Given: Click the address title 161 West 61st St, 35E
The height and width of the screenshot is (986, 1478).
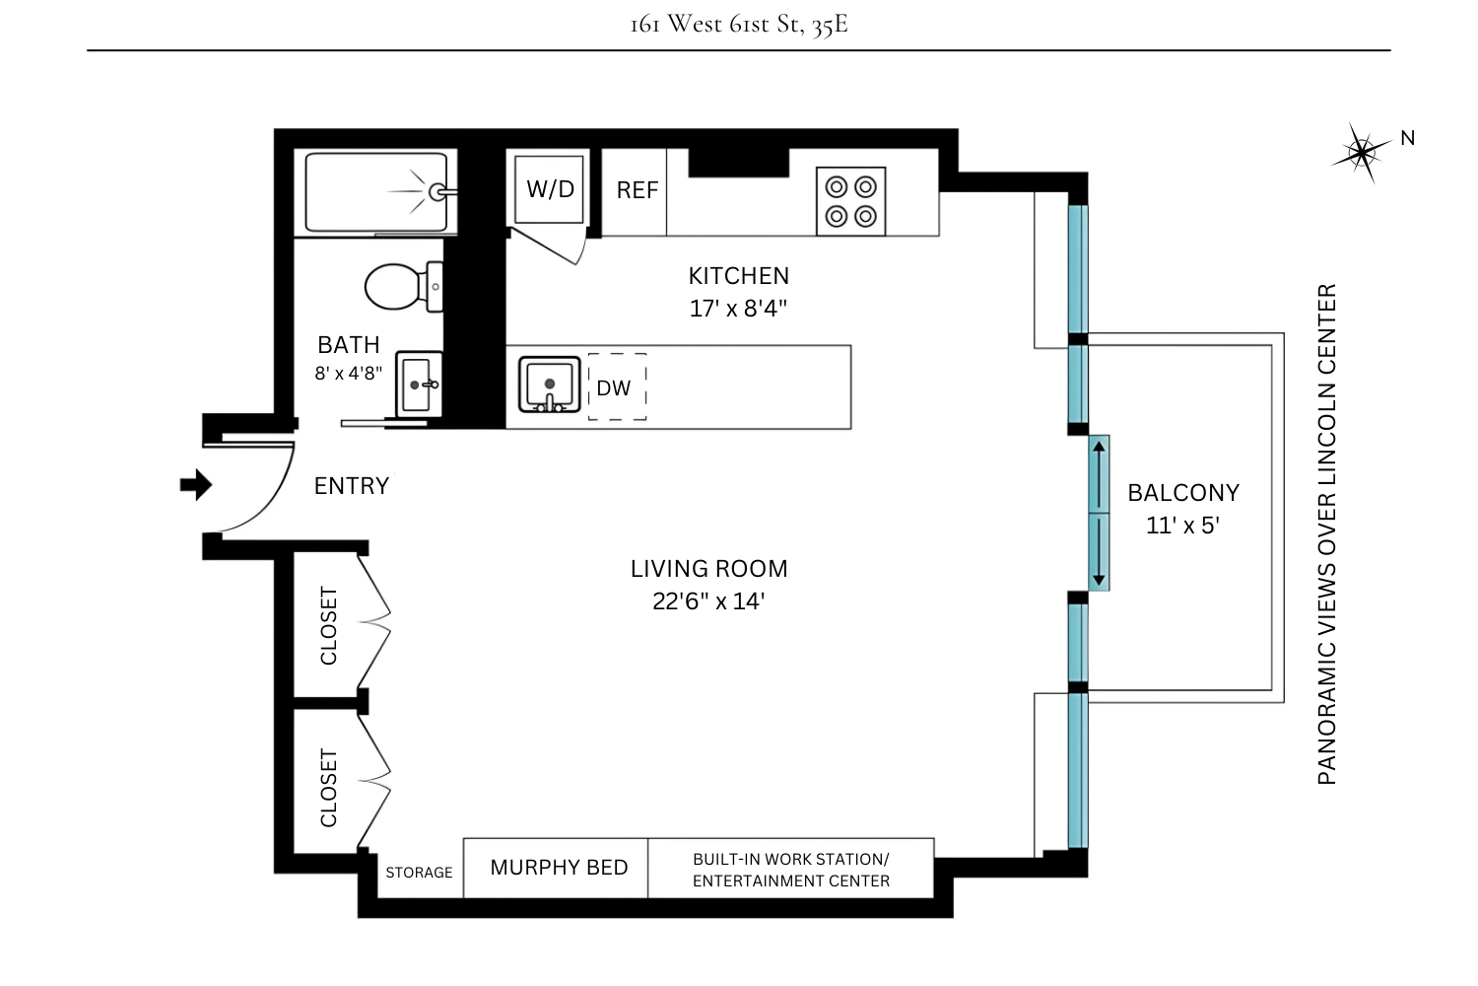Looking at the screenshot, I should (x=739, y=24).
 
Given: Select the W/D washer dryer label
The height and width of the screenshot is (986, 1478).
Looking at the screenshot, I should (x=550, y=188).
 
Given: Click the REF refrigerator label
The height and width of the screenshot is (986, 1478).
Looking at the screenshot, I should (x=637, y=190).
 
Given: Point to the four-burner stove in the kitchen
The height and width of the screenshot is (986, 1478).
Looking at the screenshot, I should (x=850, y=201).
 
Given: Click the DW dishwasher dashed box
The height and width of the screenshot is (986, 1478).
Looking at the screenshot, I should (x=617, y=387).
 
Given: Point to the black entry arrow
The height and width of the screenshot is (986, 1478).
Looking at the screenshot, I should (x=195, y=485).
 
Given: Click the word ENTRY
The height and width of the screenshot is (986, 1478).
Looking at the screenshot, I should (x=352, y=486).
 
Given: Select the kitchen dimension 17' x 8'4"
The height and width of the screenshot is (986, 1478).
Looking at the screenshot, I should (x=738, y=309).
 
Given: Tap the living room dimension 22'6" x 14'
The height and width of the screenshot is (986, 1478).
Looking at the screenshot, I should (x=708, y=601).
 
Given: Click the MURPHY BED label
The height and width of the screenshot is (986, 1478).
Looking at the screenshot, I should (x=559, y=868).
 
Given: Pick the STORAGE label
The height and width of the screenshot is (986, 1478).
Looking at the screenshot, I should (x=419, y=873).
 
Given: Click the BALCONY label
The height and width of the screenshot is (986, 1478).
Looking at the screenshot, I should (x=1183, y=493).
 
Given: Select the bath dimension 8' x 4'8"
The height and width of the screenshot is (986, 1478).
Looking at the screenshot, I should (x=348, y=374).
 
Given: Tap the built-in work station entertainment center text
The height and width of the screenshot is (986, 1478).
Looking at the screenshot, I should (x=790, y=870).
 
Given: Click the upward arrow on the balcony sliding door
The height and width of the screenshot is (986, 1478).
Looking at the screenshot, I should (x=1099, y=454).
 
